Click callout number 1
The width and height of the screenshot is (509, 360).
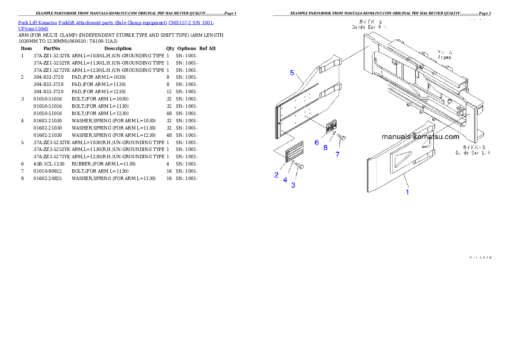click(x=407, y=192)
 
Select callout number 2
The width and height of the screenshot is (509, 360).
click(x=276, y=174)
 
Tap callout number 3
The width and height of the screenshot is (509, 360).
click(x=293, y=185)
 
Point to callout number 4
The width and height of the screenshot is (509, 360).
click(x=285, y=180)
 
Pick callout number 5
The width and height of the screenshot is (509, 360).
click(x=292, y=73)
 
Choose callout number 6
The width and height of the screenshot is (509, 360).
click(x=317, y=142)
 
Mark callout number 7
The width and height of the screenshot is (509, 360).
click(x=337, y=154)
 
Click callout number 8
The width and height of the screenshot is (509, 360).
click(x=325, y=148)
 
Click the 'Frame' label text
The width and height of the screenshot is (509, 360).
click(x=444, y=57)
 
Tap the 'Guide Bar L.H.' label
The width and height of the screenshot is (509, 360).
click(x=473, y=152)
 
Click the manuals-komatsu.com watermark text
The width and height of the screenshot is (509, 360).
click(x=420, y=137)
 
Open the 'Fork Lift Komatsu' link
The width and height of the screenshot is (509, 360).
click(x=38, y=23)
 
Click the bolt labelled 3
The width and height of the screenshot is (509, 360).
click(x=299, y=167)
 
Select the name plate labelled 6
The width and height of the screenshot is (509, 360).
click(x=331, y=127)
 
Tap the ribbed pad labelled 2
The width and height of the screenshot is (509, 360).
click(x=294, y=151)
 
